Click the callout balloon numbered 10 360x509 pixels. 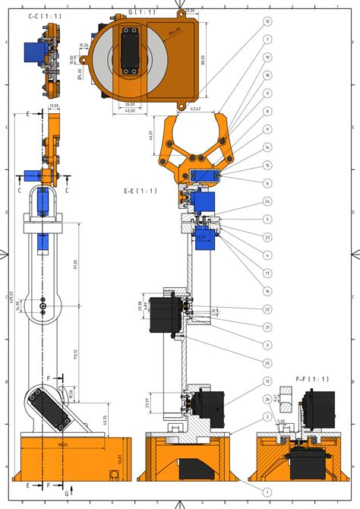tap(267, 22)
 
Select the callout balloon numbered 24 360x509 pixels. tap(267, 201)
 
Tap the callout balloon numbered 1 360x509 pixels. tap(267, 492)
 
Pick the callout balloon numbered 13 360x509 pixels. tap(267, 381)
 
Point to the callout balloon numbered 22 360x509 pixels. tap(267, 308)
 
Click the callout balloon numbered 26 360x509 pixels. tap(267, 399)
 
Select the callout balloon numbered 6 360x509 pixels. tap(267, 183)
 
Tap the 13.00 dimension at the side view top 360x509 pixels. tap(54, 106)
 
